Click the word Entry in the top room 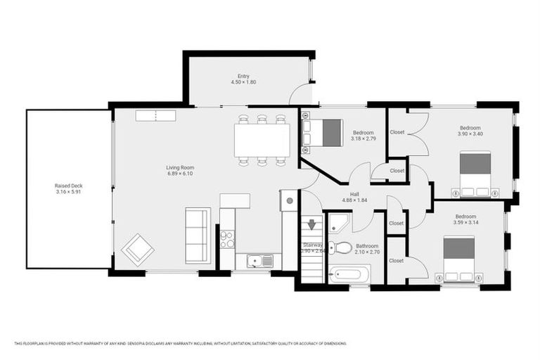(x=244, y=76)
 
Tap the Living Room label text (x=179, y=167)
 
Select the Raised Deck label (x=68, y=186)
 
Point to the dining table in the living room (x=262, y=141)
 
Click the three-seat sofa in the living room (x=198, y=236)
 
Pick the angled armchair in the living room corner (x=138, y=249)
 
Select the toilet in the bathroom (x=342, y=247)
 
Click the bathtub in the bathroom (x=347, y=274)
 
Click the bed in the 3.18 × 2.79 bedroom (x=323, y=133)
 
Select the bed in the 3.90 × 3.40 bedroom (x=475, y=173)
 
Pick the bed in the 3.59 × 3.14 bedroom (x=458, y=258)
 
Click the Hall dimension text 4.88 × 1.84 (x=355, y=200)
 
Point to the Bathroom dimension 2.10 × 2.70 (x=367, y=252)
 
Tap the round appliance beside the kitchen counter (x=289, y=200)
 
